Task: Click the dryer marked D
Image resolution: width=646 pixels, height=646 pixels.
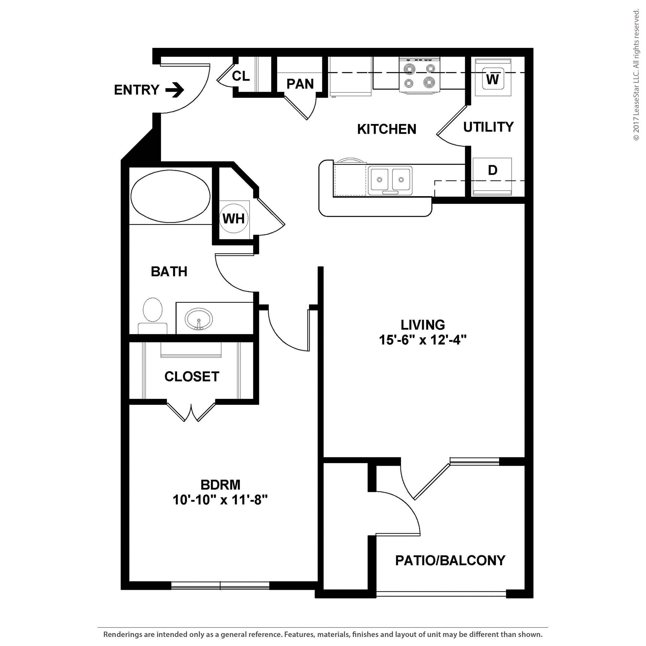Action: click(x=492, y=171)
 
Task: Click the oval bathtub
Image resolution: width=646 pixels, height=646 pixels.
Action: click(x=171, y=197)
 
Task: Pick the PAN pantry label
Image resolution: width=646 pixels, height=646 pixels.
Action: click(x=300, y=84)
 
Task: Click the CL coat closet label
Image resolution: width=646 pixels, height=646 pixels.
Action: click(x=241, y=76)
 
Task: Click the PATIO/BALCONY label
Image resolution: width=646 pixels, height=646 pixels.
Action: click(x=450, y=560)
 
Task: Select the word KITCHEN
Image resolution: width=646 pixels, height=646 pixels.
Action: click(x=387, y=129)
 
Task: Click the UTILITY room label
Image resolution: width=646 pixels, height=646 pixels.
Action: click(x=488, y=127)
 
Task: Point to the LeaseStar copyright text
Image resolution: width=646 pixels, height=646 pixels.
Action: click(x=636, y=75)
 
